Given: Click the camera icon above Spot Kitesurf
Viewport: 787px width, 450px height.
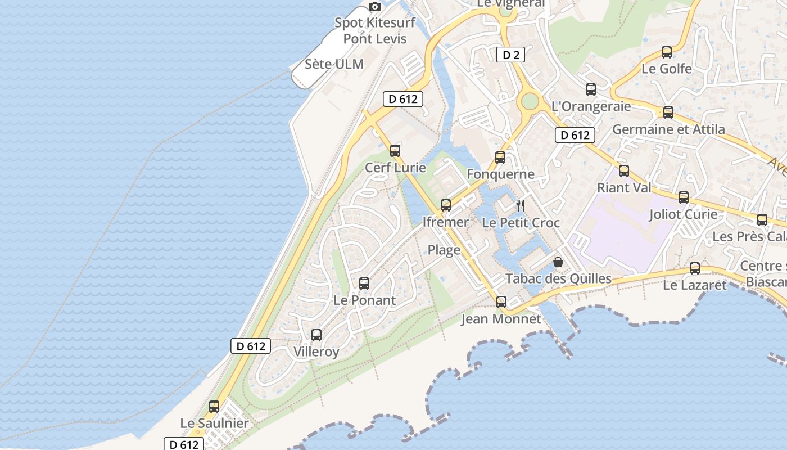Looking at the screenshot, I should (x=375, y=7).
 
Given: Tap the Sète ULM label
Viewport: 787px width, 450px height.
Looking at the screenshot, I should (x=334, y=64).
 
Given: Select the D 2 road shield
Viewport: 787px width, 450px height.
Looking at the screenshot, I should (x=510, y=55).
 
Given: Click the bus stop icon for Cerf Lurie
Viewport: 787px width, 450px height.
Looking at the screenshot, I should (x=395, y=150).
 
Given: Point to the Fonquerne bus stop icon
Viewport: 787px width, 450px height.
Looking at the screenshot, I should (x=500, y=157).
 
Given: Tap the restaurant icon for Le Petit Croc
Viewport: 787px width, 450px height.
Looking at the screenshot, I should (x=521, y=205).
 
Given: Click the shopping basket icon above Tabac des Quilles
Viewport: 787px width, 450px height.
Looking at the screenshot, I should (x=558, y=262).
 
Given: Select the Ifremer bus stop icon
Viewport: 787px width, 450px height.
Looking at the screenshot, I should (x=446, y=205).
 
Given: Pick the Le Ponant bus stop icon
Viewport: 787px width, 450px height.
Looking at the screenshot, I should (x=364, y=283).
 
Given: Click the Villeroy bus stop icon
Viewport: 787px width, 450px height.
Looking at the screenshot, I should (x=316, y=335).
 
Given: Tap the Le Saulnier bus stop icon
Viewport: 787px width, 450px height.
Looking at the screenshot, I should (x=214, y=406).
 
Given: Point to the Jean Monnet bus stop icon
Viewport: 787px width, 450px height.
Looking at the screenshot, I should (x=501, y=302).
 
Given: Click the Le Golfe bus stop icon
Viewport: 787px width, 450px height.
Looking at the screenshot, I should (x=667, y=52).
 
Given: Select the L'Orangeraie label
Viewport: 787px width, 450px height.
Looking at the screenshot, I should (x=591, y=106).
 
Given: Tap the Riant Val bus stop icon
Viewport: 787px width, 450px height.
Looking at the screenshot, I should (x=624, y=171).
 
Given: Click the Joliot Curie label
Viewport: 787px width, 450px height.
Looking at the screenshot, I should (x=683, y=214).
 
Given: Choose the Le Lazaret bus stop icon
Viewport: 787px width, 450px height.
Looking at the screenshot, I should (x=695, y=268).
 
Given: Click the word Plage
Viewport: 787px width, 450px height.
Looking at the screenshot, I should (x=444, y=250).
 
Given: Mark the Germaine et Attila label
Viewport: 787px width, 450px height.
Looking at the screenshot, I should (x=668, y=129).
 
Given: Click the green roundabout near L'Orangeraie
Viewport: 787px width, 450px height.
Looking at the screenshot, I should (x=530, y=101).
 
